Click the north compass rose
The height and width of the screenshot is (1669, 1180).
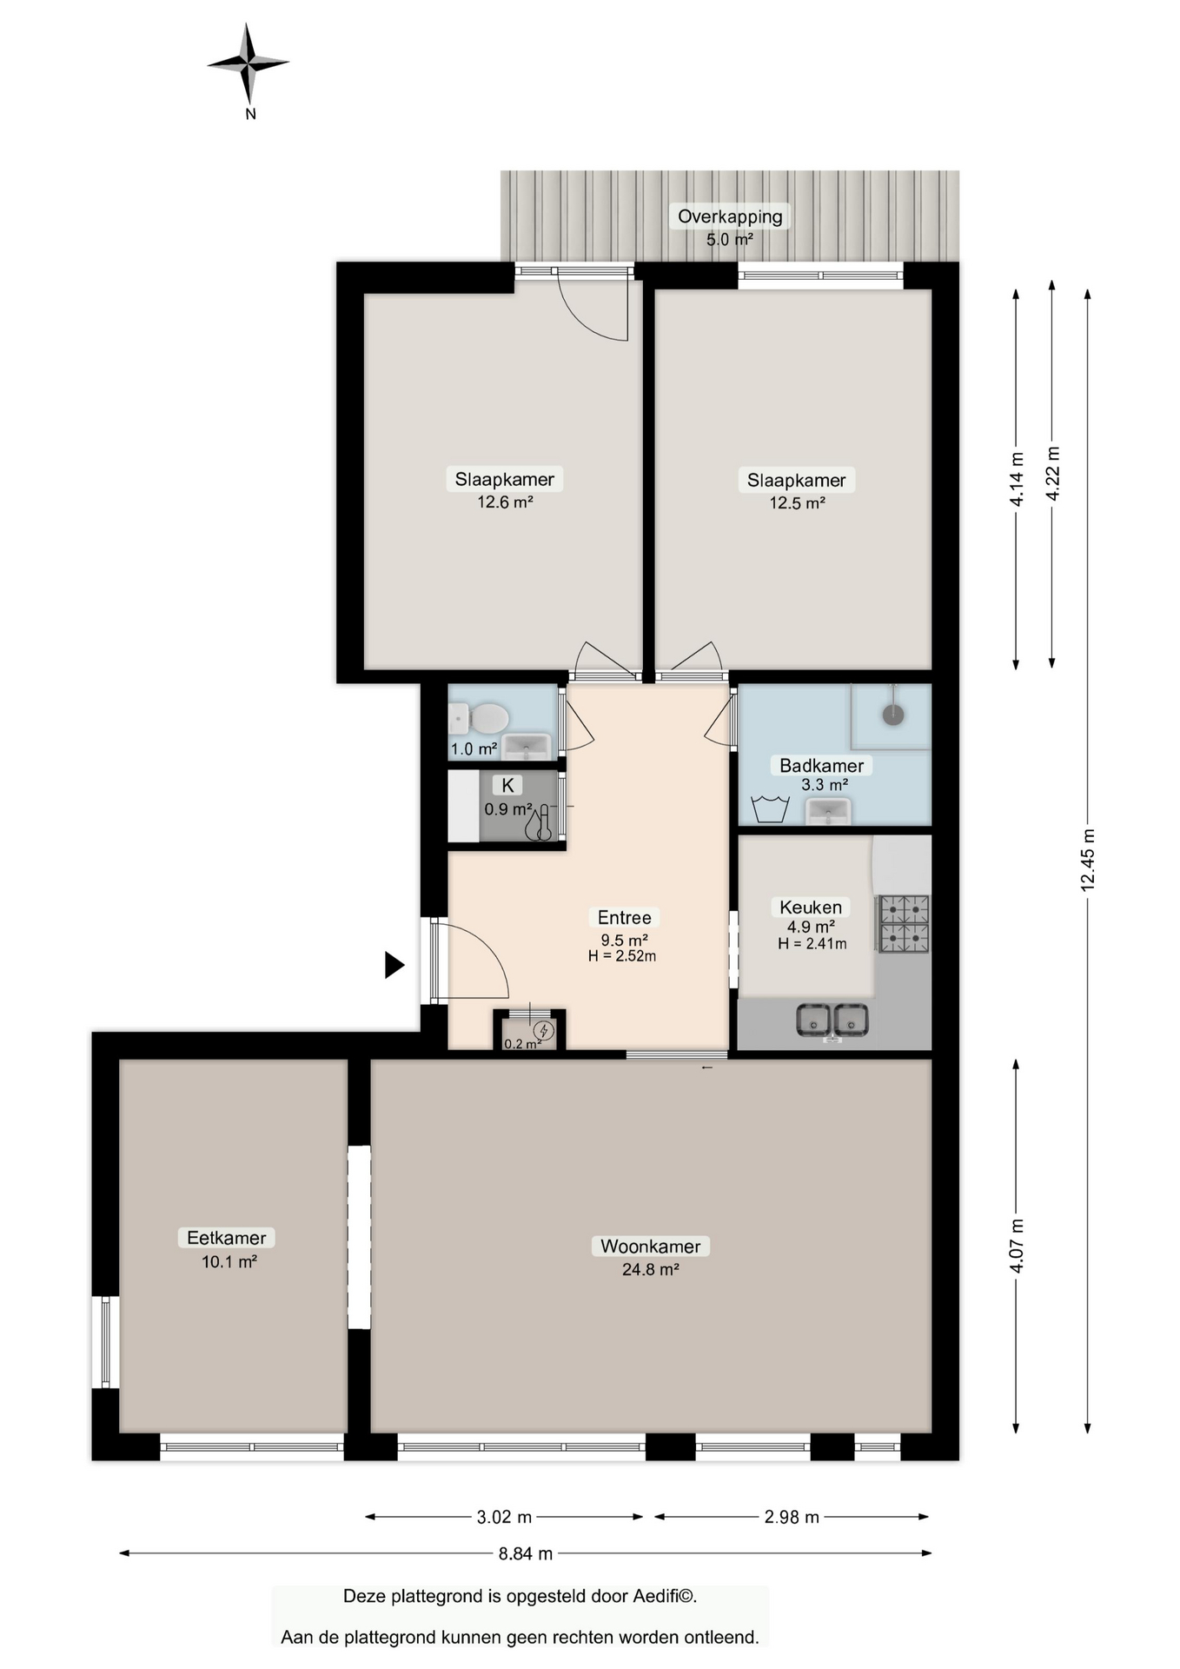point(249,64)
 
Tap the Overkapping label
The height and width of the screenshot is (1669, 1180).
point(730,216)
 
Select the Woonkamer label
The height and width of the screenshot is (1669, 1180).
point(650,1246)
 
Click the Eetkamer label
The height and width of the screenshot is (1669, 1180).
point(226,1237)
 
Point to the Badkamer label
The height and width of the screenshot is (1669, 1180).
point(821,766)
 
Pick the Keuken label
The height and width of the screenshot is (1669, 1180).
point(810,907)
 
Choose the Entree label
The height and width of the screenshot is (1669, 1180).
point(624,917)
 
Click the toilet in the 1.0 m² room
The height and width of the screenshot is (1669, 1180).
point(479,719)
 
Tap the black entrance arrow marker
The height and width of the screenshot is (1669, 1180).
point(394,965)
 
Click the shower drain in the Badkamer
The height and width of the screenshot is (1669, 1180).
point(893,715)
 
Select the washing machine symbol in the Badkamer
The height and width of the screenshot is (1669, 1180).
point(770,808)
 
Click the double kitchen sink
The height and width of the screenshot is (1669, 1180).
point(832,1020)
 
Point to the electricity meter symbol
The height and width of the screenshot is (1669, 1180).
point(543,1030)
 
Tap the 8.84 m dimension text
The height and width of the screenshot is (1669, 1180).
point(526,1553)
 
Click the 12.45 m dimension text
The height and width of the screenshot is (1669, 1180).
point(1087,861)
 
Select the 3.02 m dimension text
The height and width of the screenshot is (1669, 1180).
point(504,1517)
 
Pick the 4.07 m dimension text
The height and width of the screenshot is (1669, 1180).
point(1016,1246)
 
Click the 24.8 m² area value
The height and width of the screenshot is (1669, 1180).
point(650,1269)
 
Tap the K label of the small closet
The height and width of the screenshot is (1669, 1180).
point(508,786)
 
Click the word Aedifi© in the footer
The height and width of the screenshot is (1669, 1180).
point(665,1596)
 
